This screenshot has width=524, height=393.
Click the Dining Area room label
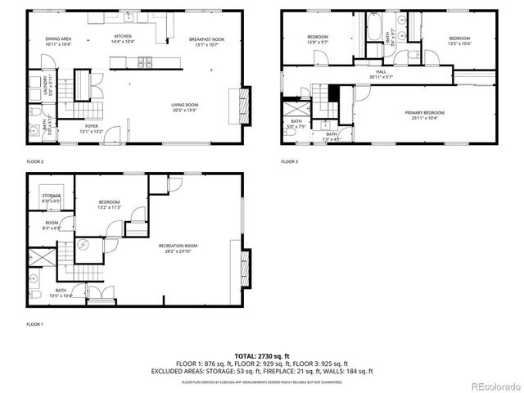[x=57, y=40]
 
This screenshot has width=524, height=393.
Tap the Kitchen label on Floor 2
[x=123, y=38]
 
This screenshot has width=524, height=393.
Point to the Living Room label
[x=185, y=106]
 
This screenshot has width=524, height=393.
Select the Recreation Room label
[x=178, y=247]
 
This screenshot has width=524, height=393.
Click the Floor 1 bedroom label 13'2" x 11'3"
[x=110, y=205]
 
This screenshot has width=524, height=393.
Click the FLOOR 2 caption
[x=35, y=161]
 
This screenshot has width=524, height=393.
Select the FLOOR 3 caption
[x=290, y=161]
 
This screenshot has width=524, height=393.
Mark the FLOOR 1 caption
[x=35, y=324]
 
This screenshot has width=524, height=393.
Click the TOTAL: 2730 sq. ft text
[x=262, y=356]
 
